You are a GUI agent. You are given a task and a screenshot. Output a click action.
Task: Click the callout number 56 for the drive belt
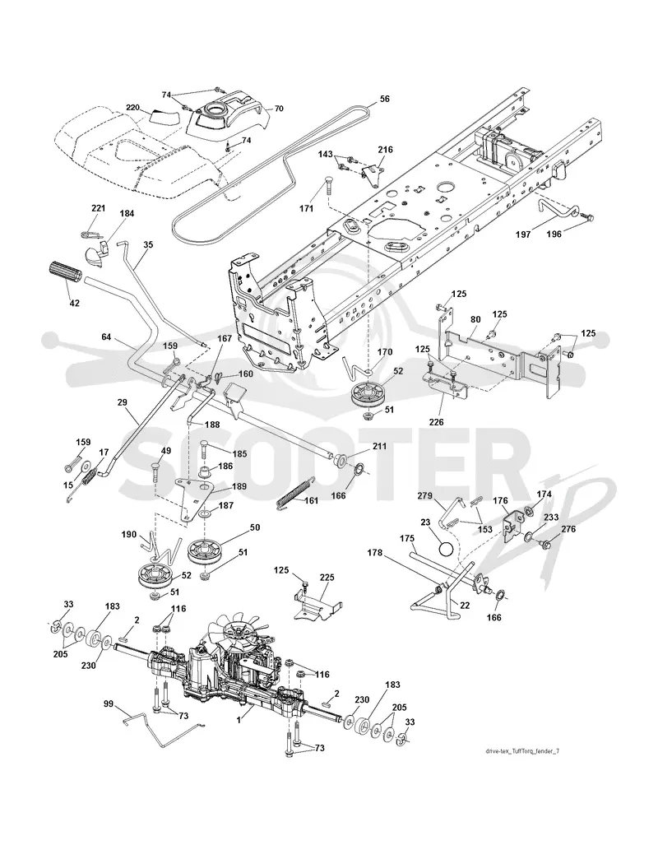point(384,99)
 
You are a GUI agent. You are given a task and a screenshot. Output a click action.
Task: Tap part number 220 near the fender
point(132,107)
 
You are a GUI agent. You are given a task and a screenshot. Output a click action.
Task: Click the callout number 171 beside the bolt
point(306,208)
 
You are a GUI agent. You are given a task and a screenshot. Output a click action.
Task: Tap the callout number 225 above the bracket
point(327,578)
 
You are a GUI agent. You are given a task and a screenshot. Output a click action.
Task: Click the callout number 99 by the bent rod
point(109,703)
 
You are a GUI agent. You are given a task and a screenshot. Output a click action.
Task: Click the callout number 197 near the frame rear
point(523,234)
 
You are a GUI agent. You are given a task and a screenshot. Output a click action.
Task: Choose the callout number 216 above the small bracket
point(385,150)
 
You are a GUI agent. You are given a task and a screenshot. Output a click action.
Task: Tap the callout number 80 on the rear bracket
point(475,319)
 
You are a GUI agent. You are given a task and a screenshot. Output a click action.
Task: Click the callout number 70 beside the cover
point(278,109)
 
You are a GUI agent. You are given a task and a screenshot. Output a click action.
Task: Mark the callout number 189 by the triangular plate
point(239,486)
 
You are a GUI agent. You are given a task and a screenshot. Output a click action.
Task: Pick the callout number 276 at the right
point(568,529)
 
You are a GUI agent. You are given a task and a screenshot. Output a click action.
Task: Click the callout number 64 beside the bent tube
point(106,337)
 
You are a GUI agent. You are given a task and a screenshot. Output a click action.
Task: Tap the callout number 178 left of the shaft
point(375,552)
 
